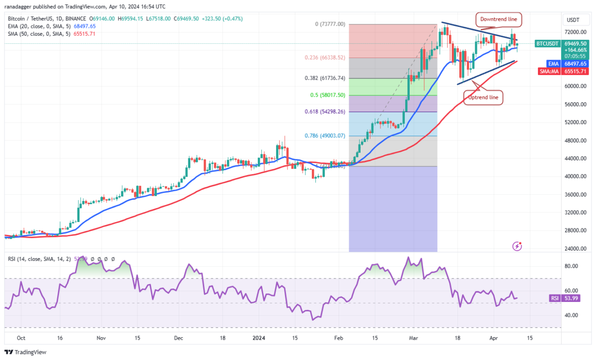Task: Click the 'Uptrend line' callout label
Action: click(483, 97)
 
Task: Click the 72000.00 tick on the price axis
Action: click(575, 32)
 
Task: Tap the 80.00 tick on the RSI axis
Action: click(572, 266)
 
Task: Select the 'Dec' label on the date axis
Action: click(179, 338)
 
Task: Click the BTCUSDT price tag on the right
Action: click(548, 44)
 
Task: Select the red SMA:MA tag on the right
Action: click(548, 71)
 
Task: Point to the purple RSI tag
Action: click(555, 298)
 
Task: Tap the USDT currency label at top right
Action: click(573, 20)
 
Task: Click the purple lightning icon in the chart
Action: click(518, 246)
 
